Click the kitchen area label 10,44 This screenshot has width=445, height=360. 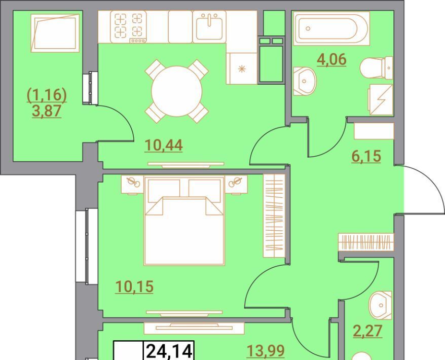164,146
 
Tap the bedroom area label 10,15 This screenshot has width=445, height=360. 134,286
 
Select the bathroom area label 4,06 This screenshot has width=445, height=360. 332,60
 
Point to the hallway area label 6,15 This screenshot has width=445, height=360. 366,156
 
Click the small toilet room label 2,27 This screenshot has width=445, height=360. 367,331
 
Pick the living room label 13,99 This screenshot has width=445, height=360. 266,351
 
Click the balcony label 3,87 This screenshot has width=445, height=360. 47,111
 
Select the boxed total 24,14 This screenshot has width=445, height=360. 169,351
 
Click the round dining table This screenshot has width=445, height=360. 176,91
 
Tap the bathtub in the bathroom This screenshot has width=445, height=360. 331,28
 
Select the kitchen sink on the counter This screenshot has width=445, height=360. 209,27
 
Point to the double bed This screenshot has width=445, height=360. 184,221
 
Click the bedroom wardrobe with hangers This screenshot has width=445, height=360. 274,216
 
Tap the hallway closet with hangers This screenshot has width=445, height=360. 366,242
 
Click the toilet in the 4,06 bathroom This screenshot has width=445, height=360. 376,68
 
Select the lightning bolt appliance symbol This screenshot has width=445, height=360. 381,100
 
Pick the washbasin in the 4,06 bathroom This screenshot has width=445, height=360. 304,81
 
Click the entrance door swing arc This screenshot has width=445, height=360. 432,182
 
